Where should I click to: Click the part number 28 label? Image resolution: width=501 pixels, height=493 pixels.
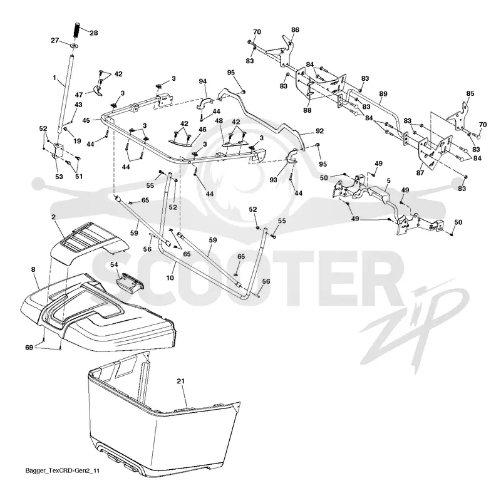[93, 33]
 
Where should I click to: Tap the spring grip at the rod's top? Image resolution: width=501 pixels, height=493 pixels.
[76, 30]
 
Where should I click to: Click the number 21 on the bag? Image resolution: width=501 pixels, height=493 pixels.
[180, 381]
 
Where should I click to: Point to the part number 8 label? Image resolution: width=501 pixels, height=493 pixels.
[33, 269]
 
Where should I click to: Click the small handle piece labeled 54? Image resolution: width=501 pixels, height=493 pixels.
[130, 281]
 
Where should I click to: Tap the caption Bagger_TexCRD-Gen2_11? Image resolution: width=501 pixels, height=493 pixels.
[62, 470]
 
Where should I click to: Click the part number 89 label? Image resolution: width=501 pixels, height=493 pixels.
[383, 94]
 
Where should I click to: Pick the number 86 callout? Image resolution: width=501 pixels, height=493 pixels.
[295, 29]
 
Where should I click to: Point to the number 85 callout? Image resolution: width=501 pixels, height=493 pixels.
[470, 93]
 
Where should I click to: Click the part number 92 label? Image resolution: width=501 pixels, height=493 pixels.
[319, 131]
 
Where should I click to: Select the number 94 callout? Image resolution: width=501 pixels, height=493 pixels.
[202, 81]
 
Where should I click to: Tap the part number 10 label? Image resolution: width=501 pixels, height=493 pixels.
[170, 278]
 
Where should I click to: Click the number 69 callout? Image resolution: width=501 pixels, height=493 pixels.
[29, 347]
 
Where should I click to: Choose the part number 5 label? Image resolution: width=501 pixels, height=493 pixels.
[388, 181]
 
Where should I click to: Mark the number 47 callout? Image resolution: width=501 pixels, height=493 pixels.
[79, 95]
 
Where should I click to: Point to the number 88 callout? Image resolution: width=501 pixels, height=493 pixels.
[307, 110]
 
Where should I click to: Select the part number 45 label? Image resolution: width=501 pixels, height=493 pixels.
[86, 120]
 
